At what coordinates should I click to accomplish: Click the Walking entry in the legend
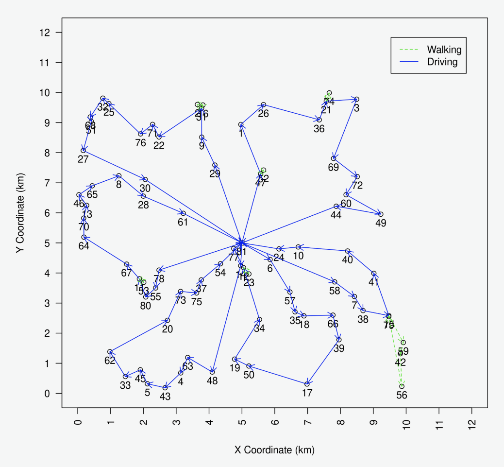tap(444, 50)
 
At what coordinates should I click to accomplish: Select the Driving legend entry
tap(442, 62)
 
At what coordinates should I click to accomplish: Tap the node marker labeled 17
tap(307, 384)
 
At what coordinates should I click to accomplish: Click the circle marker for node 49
tap(381, 214)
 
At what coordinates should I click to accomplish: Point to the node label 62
tap(110, 361)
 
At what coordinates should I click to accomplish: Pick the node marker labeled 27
tap(84, 151)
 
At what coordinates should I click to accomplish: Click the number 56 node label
tap(402, 395)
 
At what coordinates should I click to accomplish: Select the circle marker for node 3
tap(356, 100)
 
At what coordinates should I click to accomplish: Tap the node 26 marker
tap(263, 105)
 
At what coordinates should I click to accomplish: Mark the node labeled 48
tap(212, 372)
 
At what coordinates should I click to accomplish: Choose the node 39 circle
tap(339, 340)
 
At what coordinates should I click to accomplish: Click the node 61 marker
tap(183, 213)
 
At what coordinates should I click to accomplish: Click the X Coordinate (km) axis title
tap(274, 450)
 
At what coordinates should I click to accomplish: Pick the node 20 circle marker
tap(168, 320)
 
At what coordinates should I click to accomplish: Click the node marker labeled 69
tap(334, 158)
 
